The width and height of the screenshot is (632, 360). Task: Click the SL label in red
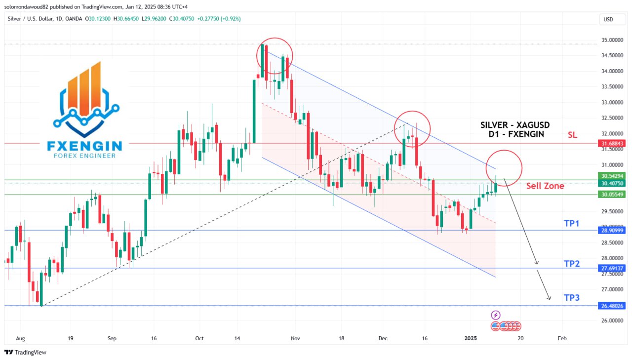[x=572, y=134]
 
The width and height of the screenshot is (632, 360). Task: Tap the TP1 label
[x=571, y=224]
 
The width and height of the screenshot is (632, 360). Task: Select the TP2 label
[x=571, y=264]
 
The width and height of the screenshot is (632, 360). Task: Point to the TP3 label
[x=571, y=298]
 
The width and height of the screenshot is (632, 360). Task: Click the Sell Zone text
[x=545, y=186]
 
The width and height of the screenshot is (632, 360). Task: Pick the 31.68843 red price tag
[x=613, y=143]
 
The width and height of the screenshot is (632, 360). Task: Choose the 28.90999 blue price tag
[x=613, y=231]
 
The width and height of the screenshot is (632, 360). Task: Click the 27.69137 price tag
[x=613, y=268]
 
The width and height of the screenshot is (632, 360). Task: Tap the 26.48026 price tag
[x=613, y=306]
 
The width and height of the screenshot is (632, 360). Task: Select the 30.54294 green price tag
[x=613, y=176]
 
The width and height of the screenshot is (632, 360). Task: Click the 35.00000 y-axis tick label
[x=613, y=40]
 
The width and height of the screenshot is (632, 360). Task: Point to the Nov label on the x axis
[x=295, y=339]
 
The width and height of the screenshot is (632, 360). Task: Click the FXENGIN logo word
[x=85, y=146]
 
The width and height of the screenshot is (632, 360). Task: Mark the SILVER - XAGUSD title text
[x=515, y=125]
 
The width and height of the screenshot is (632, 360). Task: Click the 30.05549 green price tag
[x=613, y=195]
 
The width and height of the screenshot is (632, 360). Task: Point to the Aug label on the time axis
[x=20, y=339]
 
